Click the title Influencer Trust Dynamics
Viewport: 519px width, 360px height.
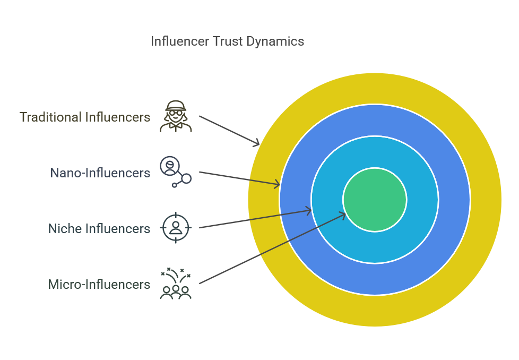coord(227,42)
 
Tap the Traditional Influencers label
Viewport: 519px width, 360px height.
coord(85,117)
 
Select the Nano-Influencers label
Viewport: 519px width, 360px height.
coord(100,173)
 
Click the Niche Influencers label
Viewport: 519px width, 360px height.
coord(99,228)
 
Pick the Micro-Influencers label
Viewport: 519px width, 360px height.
coord(99,285)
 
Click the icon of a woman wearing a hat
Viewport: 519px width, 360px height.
coord(176,116)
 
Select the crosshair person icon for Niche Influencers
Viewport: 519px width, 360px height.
coord(176,228)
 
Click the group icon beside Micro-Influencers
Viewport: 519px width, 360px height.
coord(176,283)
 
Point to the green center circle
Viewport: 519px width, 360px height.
coord(375,200)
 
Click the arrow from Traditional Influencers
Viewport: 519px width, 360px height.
coord(229,131)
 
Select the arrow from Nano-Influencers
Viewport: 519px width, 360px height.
coord(240,178)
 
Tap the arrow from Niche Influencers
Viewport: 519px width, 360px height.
coord(255,219)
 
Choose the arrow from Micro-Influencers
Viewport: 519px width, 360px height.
coord(272,248)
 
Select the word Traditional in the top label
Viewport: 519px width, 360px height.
coord(50,117)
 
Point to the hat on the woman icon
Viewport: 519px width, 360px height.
coord(176,106)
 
